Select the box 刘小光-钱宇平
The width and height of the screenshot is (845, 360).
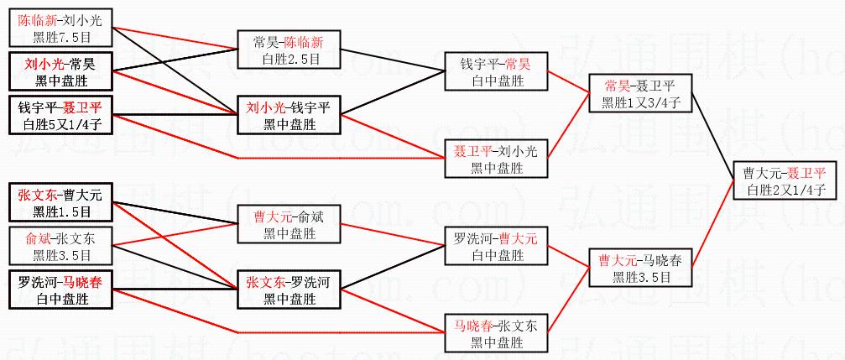point(288,116)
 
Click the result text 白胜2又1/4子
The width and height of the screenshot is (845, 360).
point(784,190)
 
